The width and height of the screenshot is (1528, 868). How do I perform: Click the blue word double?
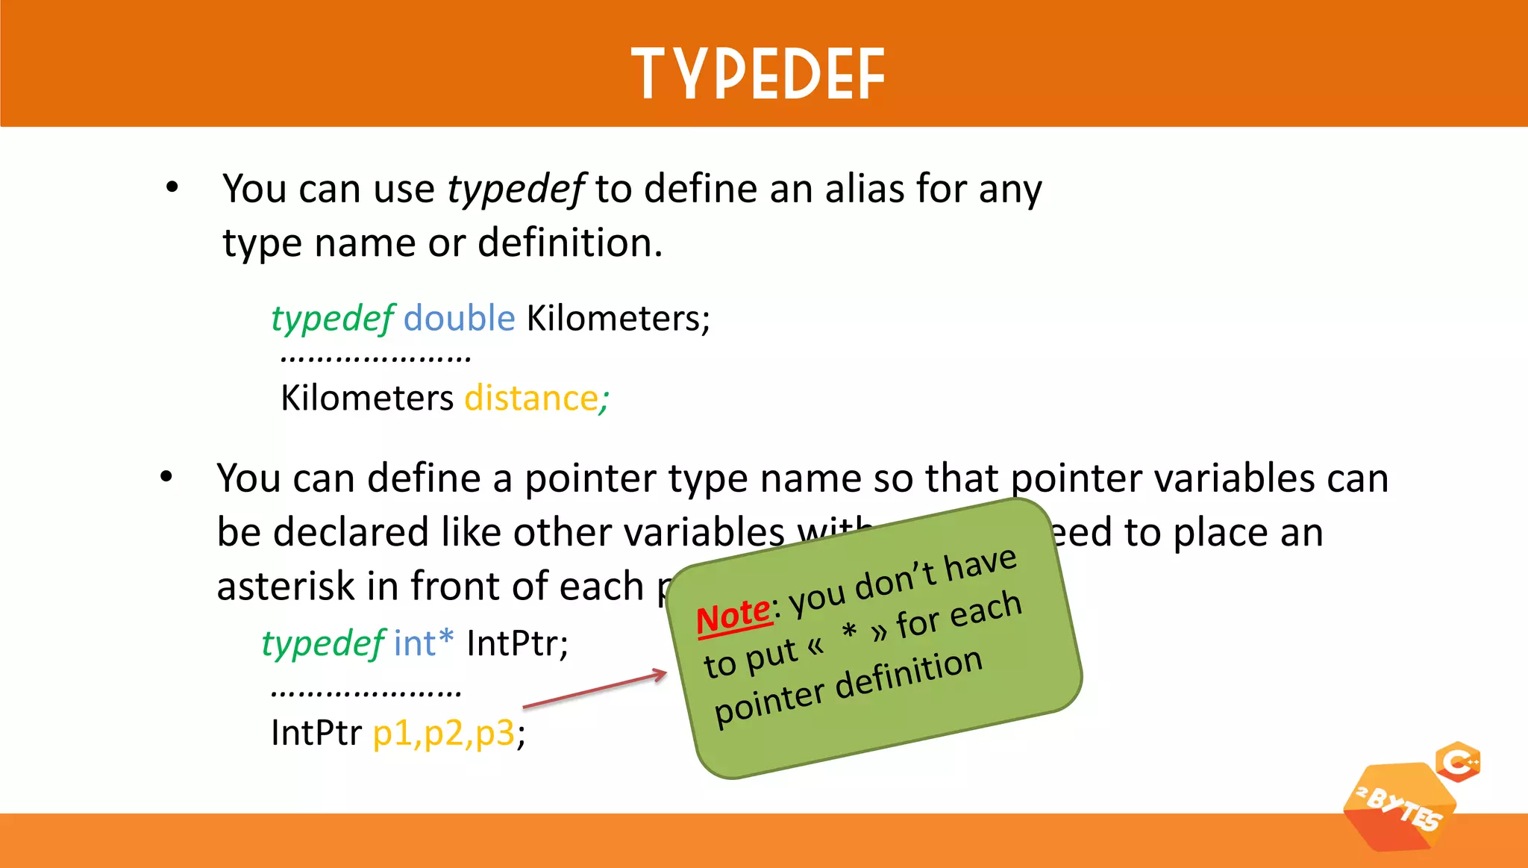tap(459, 318)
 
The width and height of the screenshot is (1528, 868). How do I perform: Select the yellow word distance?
tap(530, 398)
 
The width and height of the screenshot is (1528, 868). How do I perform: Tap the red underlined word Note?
tap(733, 616)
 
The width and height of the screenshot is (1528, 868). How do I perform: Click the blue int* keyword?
tap(423, 643)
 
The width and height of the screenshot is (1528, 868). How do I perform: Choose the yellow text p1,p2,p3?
tap(443, 733)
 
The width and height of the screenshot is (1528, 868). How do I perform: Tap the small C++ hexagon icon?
tap(1458, 762)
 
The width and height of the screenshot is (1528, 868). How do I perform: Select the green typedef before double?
tap(332, 319)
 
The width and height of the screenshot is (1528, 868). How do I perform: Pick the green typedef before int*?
tap(323, 643)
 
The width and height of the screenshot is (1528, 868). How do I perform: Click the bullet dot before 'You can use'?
tap(172, 187)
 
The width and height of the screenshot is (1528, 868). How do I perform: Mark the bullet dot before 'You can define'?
tap(166, 477)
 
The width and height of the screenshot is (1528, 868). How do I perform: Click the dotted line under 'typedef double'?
tap(375, 359)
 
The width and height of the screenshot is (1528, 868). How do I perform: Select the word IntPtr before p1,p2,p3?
tap(316, 733)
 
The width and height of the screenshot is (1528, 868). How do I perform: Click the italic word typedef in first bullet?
tap(516, 189)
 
